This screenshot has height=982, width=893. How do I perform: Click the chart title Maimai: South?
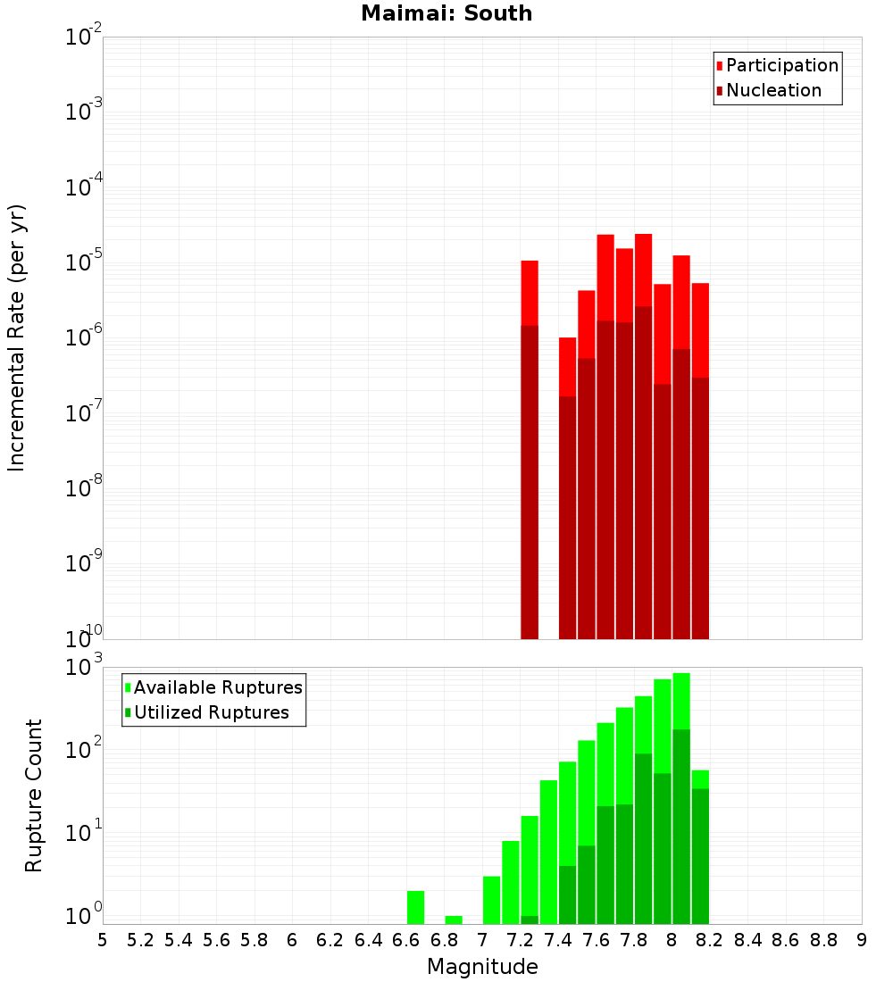[x=446, y=13]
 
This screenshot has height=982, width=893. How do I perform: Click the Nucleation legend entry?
[x=773, y=91]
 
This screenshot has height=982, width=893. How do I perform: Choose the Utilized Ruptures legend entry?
[x=211, y=713]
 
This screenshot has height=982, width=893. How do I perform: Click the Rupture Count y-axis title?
[x=34, y=795]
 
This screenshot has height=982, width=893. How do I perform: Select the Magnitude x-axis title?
[x=482, y=967]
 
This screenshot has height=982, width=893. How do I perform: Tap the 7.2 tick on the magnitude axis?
[x=520, y=940]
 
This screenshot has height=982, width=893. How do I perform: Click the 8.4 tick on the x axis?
[x=747, y=940]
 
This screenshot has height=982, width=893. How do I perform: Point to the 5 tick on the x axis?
[x=103, y=940]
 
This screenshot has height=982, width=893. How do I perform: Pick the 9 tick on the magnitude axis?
[x=862, y=940]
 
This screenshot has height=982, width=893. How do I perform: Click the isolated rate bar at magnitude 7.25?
[x=530, y=446]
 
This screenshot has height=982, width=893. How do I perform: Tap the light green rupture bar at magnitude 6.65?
[x=415, y=906]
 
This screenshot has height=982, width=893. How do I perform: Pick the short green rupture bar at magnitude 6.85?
[x=454, y=920]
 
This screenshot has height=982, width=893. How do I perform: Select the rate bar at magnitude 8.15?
[x=700, y=446]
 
